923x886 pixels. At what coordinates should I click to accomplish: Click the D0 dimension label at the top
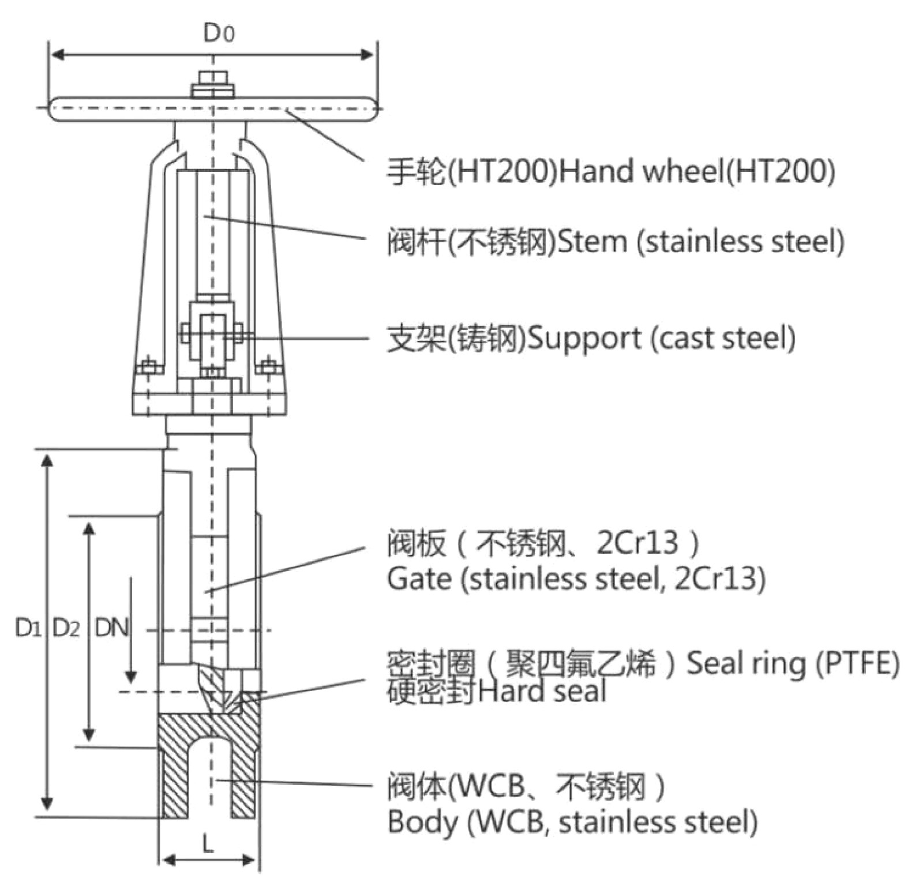pyautogui.click(x=219, y=33)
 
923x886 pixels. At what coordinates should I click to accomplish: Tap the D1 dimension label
pyautogui.click(x=28, y=628)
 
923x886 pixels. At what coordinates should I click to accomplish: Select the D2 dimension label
pyautogui.click(x=66, y=628)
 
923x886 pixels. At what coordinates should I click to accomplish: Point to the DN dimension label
pyautogui.click(x=111, y=628)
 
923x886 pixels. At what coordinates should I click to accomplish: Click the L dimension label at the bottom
pyautogui.click(x=208, y=845)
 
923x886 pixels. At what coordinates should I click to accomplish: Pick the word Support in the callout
pyautogui.click(x=584, y=338)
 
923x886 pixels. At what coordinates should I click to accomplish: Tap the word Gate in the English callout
pyautogui.click(x=419, y=579)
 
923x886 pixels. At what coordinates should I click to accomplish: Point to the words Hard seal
pyautogui.click(x=542, y=691)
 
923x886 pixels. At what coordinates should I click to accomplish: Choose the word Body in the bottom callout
pyautogui.click(x=422, y=822)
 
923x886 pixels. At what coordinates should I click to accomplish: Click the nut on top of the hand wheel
pyautogui.click(x=213, y=84)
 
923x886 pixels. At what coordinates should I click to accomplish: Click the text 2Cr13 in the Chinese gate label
pyautogui.click(x=637, y=543)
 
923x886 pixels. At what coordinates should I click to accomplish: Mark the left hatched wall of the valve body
pyautogui.click(x=173, y=770)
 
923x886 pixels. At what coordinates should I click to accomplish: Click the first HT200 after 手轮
pyautogui.click(x=501, y=171)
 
